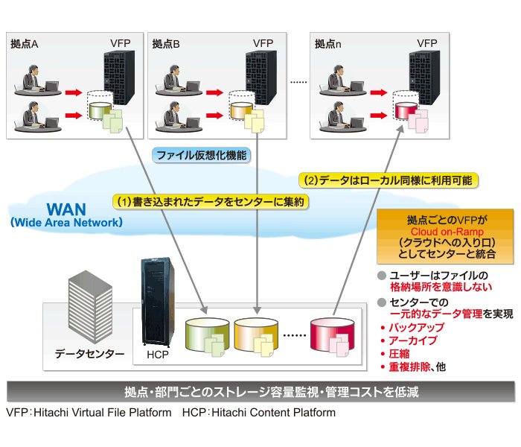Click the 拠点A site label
click(x=25, y=44)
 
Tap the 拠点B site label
click(x=166, y=44)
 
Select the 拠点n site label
click(x=327, y=44)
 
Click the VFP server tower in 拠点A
click(x=119, y=77)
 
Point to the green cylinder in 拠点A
click(x=100, y=111)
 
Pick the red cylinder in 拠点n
click(x=406, y=111)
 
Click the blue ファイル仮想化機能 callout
click(x=202, y=156)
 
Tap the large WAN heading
click(x=66, y=209)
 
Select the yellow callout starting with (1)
click(x=211, y=202)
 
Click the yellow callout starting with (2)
click(x=389, y=180)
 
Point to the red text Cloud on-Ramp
click(x=447, y=232)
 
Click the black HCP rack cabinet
click(x=157, y=302)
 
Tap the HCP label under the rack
click(x=158, y=355)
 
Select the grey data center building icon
click(x=90, y=307)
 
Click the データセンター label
click(x=90, y=354)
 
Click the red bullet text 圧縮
click(x=400, y=354)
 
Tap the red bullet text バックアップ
click(x=417, y=328)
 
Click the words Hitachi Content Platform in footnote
click(x=273, y=413)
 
